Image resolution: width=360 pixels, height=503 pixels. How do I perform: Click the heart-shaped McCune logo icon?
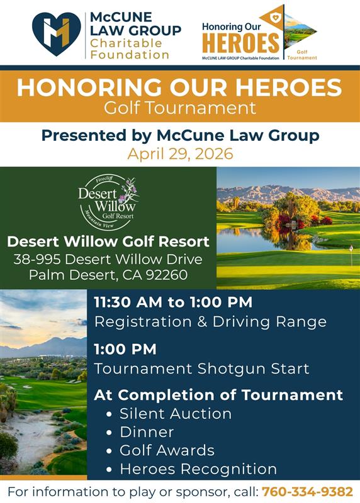[x=57, y=34]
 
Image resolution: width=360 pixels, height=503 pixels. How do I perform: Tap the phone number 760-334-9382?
[x=307, y=490]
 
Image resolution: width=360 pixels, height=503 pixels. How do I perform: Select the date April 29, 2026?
[x=180, y=153]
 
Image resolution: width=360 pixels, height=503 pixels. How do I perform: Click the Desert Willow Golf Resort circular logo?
[x=108, y=202]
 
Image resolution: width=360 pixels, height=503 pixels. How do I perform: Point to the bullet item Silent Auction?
[x=175, y=414]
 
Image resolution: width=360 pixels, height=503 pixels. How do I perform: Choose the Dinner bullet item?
[x=147, y=432]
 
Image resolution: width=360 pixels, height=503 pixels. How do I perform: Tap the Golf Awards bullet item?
[x=167, y=450]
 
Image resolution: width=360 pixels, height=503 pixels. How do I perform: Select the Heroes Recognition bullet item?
[x=198, y=469]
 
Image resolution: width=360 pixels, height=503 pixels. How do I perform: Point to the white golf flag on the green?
[x=351, y=249]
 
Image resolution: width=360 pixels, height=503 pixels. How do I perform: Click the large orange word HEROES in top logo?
[x=241, y=43]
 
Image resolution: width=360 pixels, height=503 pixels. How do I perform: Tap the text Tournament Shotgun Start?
[x=201, y=368]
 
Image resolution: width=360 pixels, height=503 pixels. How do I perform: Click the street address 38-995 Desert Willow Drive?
[x=108, y=259]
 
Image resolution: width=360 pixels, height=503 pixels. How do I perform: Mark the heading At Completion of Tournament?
[x=218, y=395]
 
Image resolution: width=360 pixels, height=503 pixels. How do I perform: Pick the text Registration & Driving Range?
[x=210, y=322]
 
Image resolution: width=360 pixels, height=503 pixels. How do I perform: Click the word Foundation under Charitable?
[x=130, y=55]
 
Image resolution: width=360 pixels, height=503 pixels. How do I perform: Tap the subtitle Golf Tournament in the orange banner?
[x=180, y=108]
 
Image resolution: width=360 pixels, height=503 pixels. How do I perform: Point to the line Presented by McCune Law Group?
[x=180, y=135]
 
